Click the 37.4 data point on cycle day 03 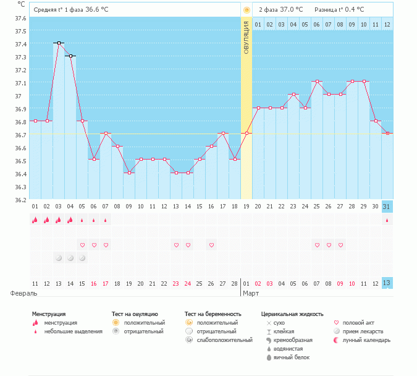[x=59, y=43]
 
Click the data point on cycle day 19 [x=246, y=134]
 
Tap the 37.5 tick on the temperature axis [x=20, y=31]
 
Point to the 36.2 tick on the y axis [x=20, y=200]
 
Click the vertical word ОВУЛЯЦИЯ [x=246, y=38]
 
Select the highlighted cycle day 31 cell [x=387, y=207]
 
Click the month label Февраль [x=20, y=293]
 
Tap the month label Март [x=250, y=293]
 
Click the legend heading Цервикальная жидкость [x=292, y=314]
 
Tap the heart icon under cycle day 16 [x=211, y=245]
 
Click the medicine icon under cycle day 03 [x=59, y=257]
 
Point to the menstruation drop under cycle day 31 [x=387, y=220]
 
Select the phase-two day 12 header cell [x=387, y=24]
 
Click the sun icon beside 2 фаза [x=246, y=10]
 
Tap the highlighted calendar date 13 [x=387, y=283]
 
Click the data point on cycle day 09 [x=129, y=173]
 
